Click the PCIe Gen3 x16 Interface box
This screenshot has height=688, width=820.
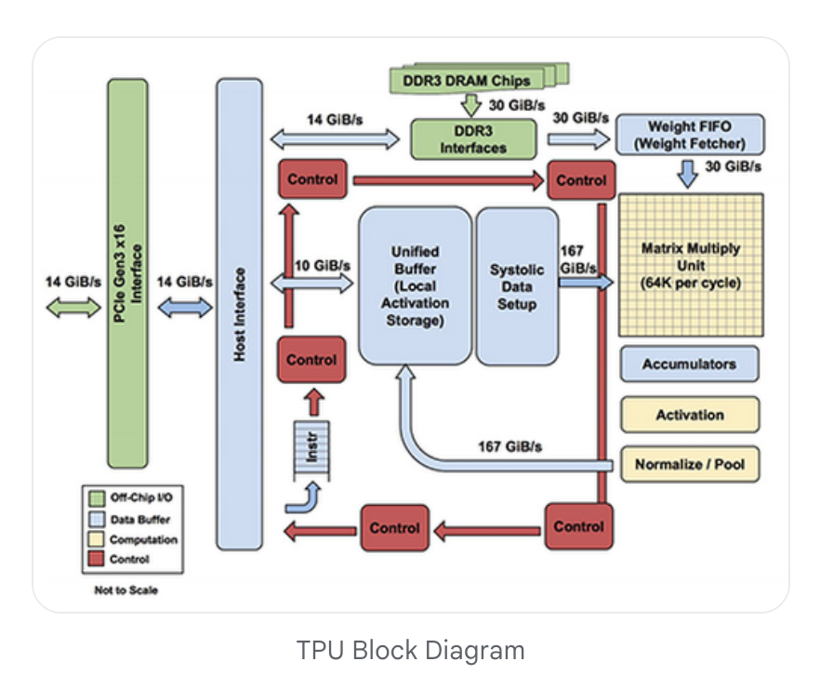pyautogui.click(x=127, y=273)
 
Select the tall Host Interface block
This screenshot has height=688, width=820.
pyautogui.click(x=239, y=314)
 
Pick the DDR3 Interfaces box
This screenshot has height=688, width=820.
pyautogui.click(x=473, y=139)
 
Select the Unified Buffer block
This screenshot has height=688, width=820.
pyautogui.click(x=415, y=286)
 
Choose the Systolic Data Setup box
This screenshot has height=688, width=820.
pyautogui.click(x=517, y=286)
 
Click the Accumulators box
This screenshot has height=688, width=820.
pyautogui.click(x=689, y=364)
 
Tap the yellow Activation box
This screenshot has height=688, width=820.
pyautogui.click(x=689, y=415)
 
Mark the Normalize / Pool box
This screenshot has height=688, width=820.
pyautogui.click(x=689, y=464)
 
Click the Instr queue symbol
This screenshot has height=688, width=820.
pyautogui.click(x=311, y=450)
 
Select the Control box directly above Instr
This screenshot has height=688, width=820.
pyautogui.click(x=311, y=360)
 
